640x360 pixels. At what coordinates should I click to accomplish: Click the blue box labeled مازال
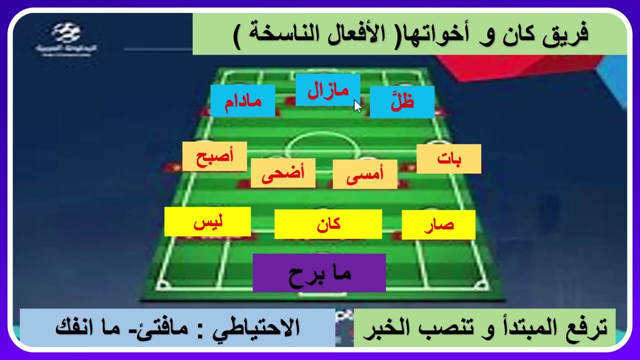click(327, 90)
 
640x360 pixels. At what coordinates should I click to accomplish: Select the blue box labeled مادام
click(242, 100)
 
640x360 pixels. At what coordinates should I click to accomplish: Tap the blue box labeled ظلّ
click(402, 101)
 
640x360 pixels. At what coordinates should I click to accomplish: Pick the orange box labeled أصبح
click(214, 156)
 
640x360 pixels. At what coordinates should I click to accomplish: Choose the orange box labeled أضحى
click(283, 173)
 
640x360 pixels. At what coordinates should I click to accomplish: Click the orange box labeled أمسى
click(365, 174)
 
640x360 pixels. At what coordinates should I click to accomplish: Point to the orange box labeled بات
click(448, 159)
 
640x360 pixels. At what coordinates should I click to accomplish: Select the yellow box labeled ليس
click(207, 221)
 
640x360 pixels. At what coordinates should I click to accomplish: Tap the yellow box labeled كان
click(328, 224)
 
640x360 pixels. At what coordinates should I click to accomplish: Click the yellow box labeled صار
click(438, 225)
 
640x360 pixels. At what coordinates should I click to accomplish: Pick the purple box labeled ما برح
click(319, 273)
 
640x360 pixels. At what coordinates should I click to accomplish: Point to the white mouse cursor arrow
click(357, 106)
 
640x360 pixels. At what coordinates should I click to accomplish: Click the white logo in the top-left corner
click(67, 36)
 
